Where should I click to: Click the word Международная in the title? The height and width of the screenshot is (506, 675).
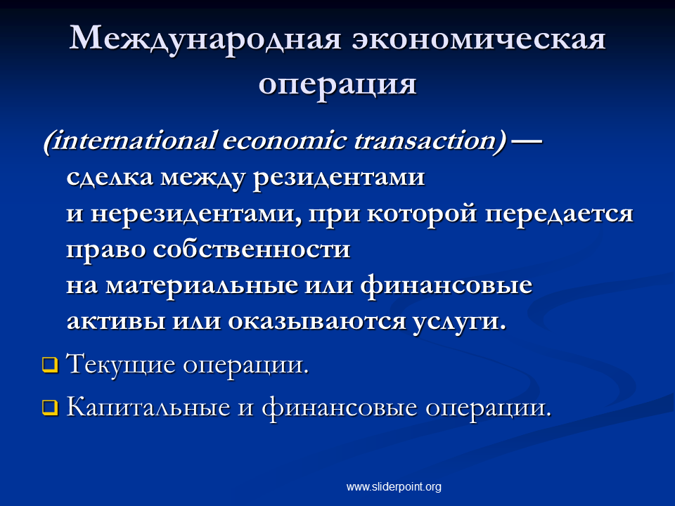[x=205, y=40]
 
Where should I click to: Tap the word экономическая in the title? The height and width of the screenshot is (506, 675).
[x=479, y=39]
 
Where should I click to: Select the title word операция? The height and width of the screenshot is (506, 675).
[x=337, y=85]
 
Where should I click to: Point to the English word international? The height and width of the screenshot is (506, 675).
[x=129, y=141]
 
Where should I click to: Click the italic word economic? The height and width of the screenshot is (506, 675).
[x=284, y=141]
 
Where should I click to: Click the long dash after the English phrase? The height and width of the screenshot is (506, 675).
[x=525, y=141]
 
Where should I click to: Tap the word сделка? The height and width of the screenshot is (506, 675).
[x=110, y=177]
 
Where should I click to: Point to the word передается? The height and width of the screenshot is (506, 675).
[x=559, y=214]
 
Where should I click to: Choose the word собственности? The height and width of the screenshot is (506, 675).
[x=252, y=249]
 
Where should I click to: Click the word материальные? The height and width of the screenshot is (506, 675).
[x=202, y=285]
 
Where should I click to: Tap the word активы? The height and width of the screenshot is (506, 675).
[x=115, y=321]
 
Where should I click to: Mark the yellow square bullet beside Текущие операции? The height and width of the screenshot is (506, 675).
[x=50, y=365]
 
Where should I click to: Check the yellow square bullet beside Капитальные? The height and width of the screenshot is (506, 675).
[x=50, y=408]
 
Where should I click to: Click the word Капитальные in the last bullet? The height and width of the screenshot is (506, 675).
[x=148, y=407]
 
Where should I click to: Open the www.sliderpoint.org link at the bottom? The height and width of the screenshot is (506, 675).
[x=394, y=486]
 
